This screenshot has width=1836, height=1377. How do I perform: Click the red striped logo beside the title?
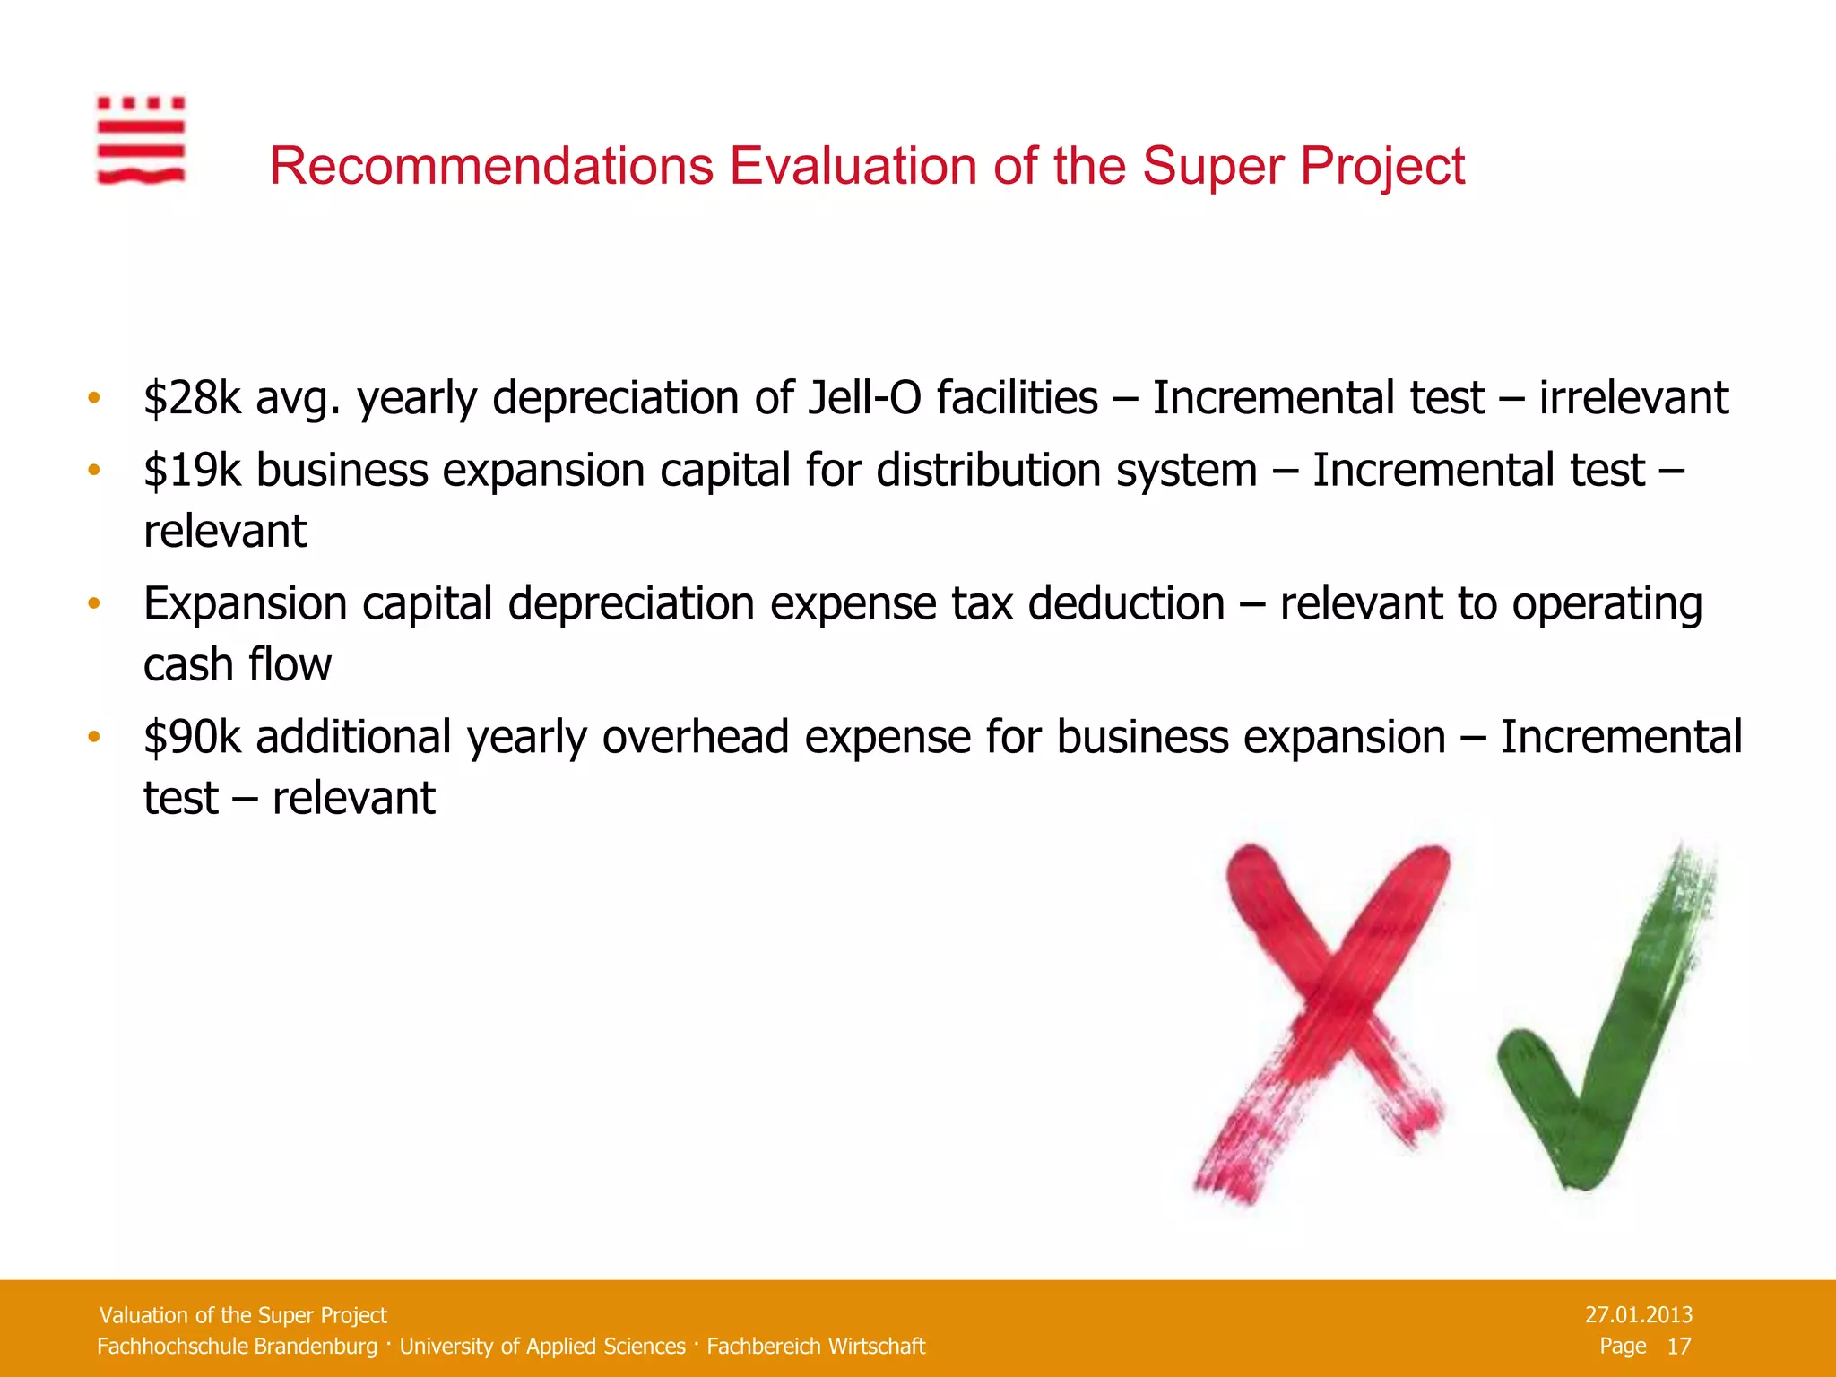[141, 141]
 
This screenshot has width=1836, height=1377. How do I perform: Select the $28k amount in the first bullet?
[192, 398]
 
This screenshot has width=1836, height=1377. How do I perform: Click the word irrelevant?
[1633, 398]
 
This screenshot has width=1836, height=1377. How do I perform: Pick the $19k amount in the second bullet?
[192, 471]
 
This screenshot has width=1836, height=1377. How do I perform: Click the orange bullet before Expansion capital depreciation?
[93, 604]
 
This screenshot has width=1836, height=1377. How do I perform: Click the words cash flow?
[238, 665]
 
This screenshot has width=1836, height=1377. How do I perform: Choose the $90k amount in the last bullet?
[192, 738]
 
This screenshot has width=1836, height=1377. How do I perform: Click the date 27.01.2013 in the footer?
[1638, 1315]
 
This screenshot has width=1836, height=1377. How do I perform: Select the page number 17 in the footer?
[1678, 1347]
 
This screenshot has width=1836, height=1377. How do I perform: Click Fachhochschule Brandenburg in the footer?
[237, 1347]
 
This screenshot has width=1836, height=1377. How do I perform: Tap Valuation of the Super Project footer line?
[243, 1315]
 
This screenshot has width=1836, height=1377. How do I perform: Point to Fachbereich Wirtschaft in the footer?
[815, 1347]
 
